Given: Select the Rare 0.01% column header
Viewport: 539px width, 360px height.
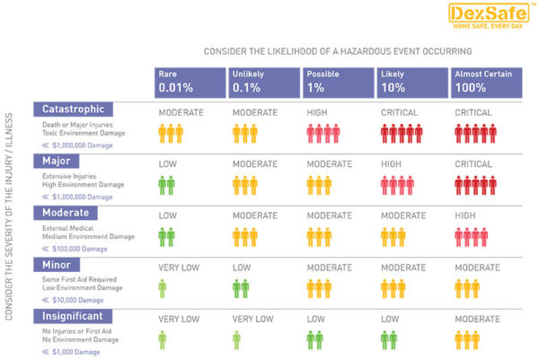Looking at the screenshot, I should point(188,82).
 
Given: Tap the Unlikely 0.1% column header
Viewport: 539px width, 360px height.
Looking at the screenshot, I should point(261,82).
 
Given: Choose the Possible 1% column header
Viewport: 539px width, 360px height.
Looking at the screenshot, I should point(335,82).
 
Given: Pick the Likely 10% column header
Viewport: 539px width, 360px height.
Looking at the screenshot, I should point(409,82).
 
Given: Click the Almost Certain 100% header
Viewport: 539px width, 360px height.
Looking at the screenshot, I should point(484,82).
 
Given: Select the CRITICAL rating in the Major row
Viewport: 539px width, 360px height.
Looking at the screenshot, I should point(473,164).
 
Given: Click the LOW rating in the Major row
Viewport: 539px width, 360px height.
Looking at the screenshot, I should point(167,164).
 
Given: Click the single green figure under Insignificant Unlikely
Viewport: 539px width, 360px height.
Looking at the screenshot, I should point(236,340).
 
